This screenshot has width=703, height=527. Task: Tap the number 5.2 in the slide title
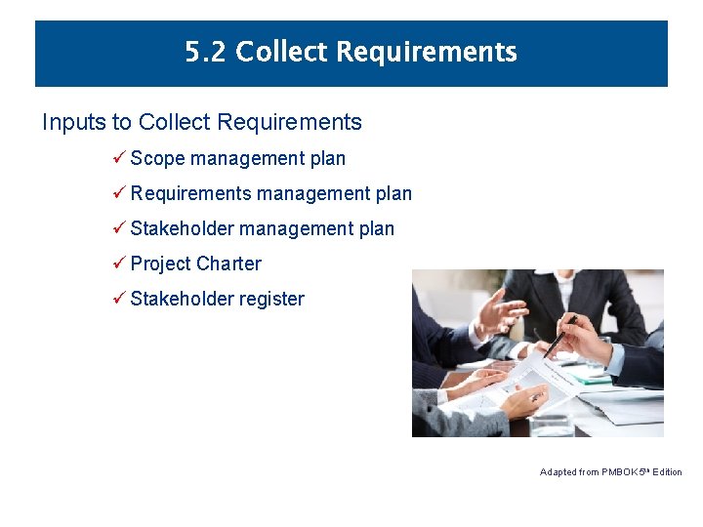tap(206, 52)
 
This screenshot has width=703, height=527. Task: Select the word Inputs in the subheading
tap(74, 123)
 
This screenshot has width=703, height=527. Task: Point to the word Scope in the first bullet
tap(157, 158)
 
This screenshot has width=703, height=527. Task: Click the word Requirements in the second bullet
tap(190, 193)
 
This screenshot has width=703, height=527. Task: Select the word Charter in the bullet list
tap(228, 263)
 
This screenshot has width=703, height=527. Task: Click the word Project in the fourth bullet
tap(160, 264)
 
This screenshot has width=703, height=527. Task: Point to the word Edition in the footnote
tap(667, 472)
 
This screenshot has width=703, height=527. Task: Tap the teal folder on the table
tap(591, 377)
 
